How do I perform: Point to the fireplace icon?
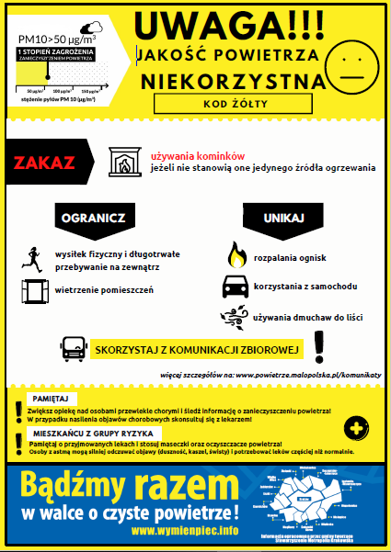[x=122, y=161]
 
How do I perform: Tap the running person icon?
[x=32, y=257]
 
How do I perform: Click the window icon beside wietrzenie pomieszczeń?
[x=34, y=291]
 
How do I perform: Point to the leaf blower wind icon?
[x=236, y=318]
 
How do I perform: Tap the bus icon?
[x=75, y=350]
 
